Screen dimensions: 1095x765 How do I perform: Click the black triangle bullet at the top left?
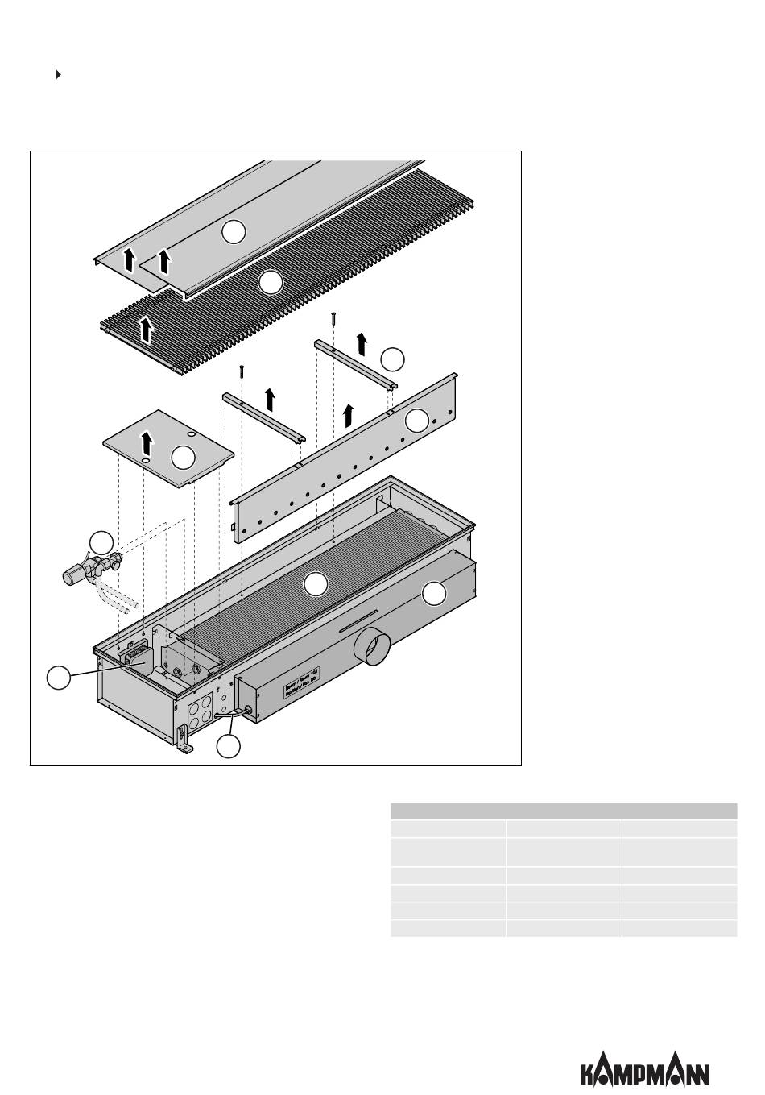(58, 75)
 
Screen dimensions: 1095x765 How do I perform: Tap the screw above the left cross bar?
(241, 371)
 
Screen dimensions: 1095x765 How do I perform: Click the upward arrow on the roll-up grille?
(147, 329)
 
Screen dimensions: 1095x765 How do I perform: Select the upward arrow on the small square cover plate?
(147, 442)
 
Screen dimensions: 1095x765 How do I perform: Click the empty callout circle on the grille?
(271, 282)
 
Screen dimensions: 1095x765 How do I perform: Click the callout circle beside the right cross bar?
(392, 359)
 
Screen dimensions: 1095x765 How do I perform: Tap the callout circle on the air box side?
(434, 594)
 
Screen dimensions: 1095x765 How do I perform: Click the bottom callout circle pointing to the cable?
(229, 747)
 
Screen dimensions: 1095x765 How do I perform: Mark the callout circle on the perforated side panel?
(417, 420)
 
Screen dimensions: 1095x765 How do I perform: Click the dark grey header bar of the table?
(563, 811)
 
